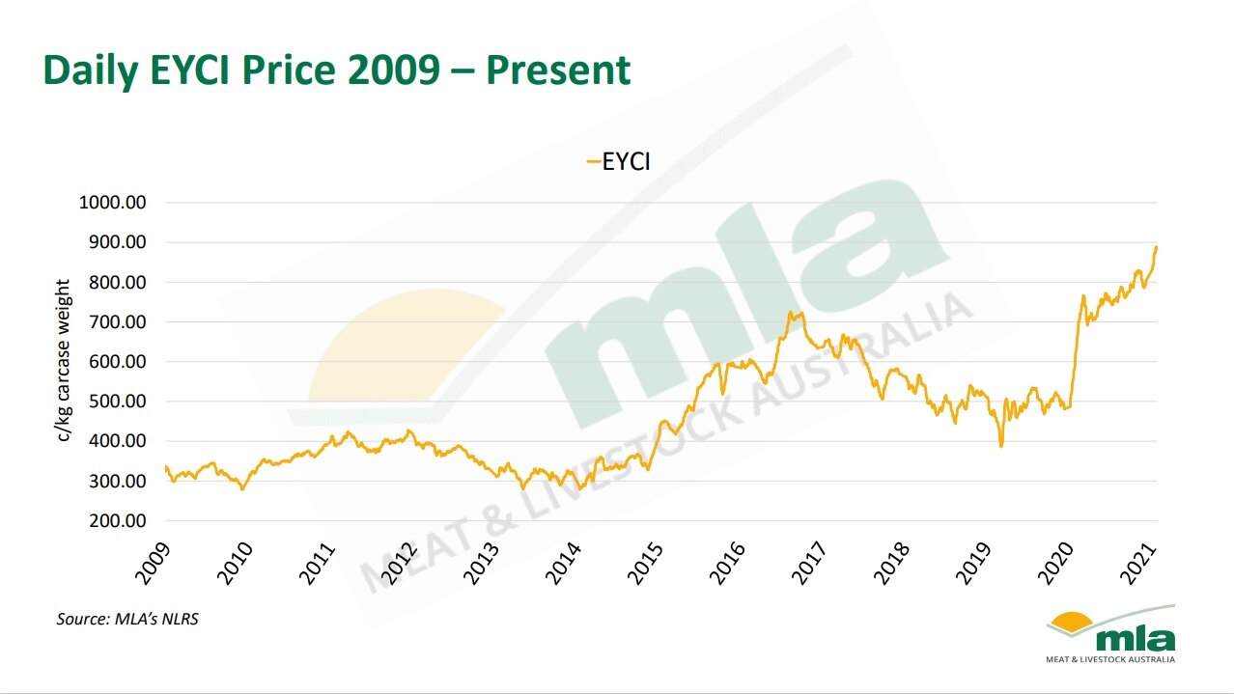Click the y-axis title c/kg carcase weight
click(64, 360)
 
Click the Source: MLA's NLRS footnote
click(127, 619)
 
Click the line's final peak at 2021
click(1156, 248)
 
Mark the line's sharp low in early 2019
click(1001, 445)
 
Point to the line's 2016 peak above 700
click(790, 312)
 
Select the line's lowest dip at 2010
click(242, 489)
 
